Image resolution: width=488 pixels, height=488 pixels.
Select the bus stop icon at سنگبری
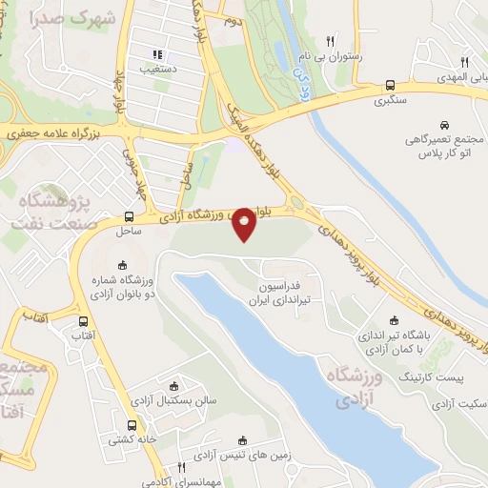[x=391, y=84]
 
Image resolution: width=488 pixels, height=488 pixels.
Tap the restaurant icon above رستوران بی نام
[x=330, y=41]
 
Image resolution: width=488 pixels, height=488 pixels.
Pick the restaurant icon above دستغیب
[x=158, y=54]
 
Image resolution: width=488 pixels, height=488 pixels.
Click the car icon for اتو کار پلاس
[x=445, y=124]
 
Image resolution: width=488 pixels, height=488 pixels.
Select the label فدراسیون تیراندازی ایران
[x=286, y=293]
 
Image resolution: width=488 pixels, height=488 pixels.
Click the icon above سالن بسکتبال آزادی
[x=173, y=386]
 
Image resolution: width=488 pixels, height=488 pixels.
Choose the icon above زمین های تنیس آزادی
[x=242, y=439]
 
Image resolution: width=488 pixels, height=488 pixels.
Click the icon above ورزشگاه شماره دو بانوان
[x=121, y=265]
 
